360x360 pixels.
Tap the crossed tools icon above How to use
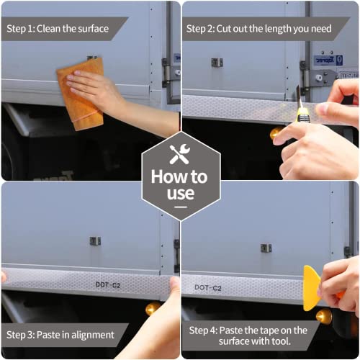tap(180, 154)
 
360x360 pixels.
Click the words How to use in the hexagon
tap(180, 185)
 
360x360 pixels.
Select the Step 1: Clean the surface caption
tap(58, 29)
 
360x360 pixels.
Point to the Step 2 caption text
tap(259, 29)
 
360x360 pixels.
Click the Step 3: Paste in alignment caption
tap(60, 335)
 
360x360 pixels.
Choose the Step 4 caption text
tap(248, 336)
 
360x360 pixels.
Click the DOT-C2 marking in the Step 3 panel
tap(108, 285)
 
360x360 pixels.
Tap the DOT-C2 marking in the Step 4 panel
tap(208, 287)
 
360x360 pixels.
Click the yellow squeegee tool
tap(312, 288)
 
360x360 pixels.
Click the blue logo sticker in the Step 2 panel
tap(328, 60)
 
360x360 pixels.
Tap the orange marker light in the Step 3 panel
tap(153, 308)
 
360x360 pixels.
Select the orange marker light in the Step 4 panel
tap(324, 316)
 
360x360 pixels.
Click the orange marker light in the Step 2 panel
tap(276, 133)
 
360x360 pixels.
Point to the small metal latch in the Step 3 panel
tap(95, 241)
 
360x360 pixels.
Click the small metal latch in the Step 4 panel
tap(266, 248)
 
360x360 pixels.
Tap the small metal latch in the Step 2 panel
tap(217, 63)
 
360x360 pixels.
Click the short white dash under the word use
tap(181, 207)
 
